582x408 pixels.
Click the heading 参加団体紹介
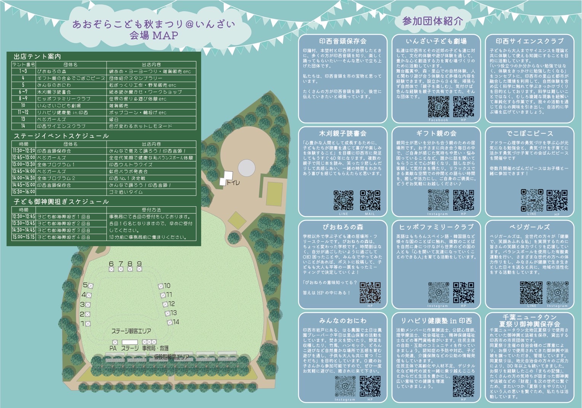[432, 21]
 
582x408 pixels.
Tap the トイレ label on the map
[233, 183]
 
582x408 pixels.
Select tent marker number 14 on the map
[170, 322]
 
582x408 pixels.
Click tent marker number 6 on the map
[111, 269]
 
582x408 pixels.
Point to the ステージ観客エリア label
[131, 331]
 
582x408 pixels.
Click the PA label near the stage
[113, 348]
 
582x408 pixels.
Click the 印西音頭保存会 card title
[343, 41]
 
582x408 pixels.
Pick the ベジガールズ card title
[529, 227]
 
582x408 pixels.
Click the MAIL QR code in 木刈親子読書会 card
[370, 200]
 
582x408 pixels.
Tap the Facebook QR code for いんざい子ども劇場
[438, 107]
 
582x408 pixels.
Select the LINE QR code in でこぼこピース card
[532, 200]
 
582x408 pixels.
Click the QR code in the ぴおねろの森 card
[370, 292]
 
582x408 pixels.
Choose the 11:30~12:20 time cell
[24, 151]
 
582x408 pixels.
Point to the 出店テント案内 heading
[37, 56]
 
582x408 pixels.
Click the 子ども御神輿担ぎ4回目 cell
[64, 237]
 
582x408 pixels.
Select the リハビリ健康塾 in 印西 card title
[436, 321]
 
